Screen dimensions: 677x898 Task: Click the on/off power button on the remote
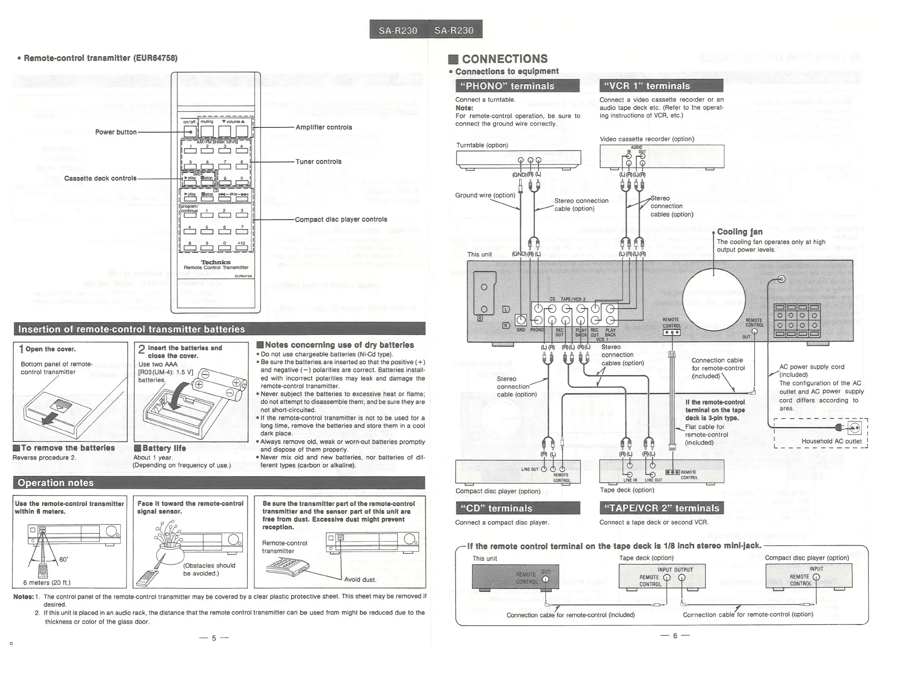(190, 131)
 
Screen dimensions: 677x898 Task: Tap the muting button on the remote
(207, 131)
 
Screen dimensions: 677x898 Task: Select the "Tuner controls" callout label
(318, 161)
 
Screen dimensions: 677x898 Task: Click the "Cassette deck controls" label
(100, 178)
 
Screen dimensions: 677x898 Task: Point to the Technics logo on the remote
(215, 262)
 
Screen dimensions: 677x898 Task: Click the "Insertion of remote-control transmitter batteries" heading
(132, 329)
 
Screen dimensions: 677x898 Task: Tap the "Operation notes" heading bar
(56, 483)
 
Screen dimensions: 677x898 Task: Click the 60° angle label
(64, 560)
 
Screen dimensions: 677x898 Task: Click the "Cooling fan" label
(740, 232)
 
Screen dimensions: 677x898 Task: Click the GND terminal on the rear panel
(521, 320)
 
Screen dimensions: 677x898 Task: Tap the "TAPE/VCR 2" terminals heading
(661, 508)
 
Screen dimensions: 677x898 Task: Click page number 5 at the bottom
(214, 639)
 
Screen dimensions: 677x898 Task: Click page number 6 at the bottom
(675, 636)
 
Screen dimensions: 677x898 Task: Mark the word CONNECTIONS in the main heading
(504, 59)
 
